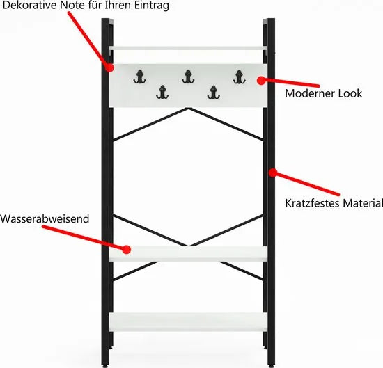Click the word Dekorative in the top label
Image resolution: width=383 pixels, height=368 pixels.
(29, 6)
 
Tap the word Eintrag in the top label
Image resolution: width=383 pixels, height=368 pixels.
(151, 6)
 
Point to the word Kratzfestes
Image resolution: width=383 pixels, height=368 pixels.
(312, 203)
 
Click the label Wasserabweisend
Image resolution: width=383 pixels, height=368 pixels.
(45, 218)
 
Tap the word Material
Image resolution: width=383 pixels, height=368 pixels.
(363, 203)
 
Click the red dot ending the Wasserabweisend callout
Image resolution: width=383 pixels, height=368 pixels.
(127, 250)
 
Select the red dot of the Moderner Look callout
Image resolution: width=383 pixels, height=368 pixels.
(261, 80)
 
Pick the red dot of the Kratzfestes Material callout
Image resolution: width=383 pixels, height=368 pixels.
(272, 173)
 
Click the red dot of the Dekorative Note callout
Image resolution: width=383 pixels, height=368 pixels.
(109, 67)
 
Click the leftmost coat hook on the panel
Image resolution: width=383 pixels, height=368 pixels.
(140, 77)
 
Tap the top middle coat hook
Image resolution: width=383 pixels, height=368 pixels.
(188, 77)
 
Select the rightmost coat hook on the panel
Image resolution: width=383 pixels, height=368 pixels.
(239, 77)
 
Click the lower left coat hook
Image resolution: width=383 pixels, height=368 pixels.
(162, 93)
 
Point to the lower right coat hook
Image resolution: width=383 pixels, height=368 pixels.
(214, 93)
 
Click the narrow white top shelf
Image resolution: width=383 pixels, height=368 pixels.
(188, 48)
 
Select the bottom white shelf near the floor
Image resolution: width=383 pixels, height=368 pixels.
(188, 322)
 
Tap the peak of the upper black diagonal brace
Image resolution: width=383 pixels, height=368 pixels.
(188, 109)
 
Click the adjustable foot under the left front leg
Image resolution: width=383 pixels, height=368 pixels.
(106, 366)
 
